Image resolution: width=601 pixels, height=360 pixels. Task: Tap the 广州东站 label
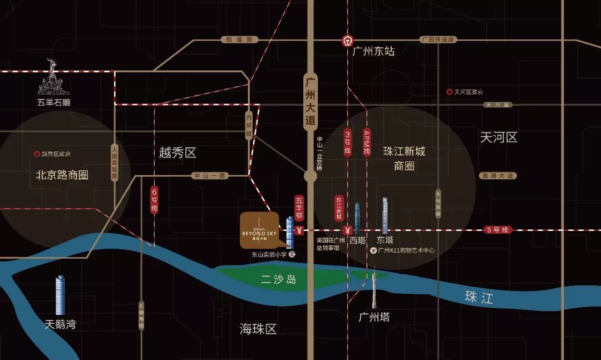(373, 51)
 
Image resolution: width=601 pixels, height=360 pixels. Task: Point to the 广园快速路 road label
(437, 40)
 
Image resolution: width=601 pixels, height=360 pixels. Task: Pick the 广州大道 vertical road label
(311, 101)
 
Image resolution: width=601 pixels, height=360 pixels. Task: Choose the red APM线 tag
(366, 142)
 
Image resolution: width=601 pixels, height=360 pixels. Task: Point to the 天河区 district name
(499, 137)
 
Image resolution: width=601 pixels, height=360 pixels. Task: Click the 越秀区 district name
(178, 153)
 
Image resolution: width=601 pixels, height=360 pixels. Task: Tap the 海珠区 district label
(258, 329)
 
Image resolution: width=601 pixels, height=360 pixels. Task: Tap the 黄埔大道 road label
(497, 176)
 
